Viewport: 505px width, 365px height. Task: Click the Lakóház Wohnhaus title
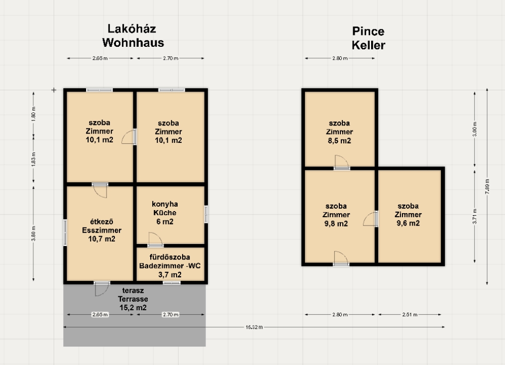pyautogui.click(x=133, y=36)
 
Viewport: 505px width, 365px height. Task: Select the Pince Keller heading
pyautogui.click(x=369, y=38)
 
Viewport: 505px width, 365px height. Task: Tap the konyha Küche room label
pyautogui.click(x=165, y=213)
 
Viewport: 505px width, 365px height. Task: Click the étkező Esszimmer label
pyautogui.click(x=102, y=230)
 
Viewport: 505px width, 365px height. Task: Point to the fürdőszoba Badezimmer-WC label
pyautogui.click(x=170, y=266)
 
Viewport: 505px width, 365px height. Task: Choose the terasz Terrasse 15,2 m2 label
pyautogui.click(x=133, y=299)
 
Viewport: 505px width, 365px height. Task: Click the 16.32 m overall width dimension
pyautogui.click(x=254, y=327)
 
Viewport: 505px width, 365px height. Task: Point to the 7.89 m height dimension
pyautogui.click(x=487, y=186)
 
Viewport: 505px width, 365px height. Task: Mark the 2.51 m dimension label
pyautogui.click(x=409, y=314)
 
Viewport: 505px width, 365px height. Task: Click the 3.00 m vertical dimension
pyautogui.click(x=475, y=129)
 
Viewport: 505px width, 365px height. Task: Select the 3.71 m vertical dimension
pyautogui.click(x=475, y=216)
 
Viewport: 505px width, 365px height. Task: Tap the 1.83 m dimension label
pyautogui.click(x=33, y=159)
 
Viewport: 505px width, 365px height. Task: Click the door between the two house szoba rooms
pyautogui.click(x=129, y=137)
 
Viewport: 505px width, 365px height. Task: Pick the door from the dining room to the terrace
pyautogui.click(x=102, y=288)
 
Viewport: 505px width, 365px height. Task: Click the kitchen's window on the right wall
pyautogui.click(x=206, y=214)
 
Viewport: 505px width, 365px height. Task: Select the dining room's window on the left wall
pyautogui.click(x=65, y=233)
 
